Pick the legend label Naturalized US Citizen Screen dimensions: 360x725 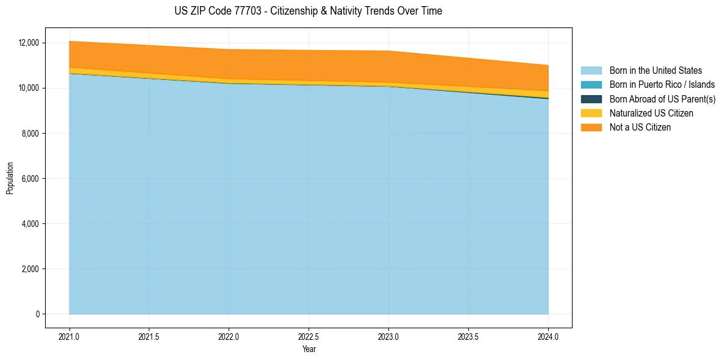pos(651,113)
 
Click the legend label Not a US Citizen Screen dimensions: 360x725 pos(640,128)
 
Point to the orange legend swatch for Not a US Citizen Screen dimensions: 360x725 pos(591,128)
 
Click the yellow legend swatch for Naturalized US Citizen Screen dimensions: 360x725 pos(591,113)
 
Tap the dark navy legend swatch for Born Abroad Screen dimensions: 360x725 pos(591,99)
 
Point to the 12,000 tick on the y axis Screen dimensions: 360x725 pos(29,43)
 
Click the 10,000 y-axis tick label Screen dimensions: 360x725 pos(29,88)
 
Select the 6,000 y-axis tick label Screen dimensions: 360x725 pos(30,179)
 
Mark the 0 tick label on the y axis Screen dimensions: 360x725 pos(37,314)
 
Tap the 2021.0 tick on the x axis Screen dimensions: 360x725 pos(69,336)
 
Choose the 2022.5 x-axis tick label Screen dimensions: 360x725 pos(309,336)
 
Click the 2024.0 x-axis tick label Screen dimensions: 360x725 pos(548,336)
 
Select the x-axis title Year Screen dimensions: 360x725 pos(309,349)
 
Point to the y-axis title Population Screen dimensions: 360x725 pos(10,178)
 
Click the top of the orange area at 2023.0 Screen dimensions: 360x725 pos(388,51)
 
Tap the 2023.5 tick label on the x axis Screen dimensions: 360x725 pos(468,336)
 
